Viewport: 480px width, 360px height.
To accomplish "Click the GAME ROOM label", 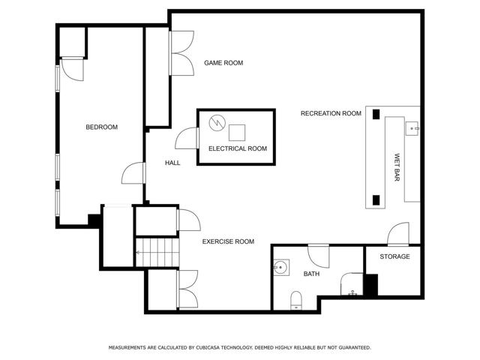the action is [x=223, y=63].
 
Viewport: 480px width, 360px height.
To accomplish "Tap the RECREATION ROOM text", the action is [x=331, y=113].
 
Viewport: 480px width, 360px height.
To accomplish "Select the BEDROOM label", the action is [x=102, y=127].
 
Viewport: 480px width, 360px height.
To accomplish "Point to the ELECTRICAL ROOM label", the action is [x=238, y=148].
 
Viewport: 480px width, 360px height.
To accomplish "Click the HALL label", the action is [x=172, y=163].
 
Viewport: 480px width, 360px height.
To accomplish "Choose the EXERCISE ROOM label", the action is [x=228, y=241].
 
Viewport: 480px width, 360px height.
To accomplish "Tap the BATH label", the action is [x=311, y=274].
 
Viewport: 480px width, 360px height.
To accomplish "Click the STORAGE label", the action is [x=394, y=256].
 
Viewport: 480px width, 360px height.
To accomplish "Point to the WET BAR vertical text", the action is [x=397, y=167].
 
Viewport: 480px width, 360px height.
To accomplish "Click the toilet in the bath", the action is [x=296, y=300].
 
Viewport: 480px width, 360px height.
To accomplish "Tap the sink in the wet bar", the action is [x=412, y=128].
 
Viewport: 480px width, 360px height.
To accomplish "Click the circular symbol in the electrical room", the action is [x=217, y=122].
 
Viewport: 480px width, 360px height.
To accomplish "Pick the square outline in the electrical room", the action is [x=237, y=133].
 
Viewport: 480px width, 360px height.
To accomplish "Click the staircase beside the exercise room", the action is [x=157, y=252].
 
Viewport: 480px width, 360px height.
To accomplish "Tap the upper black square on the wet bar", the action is [x=376, y=114].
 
